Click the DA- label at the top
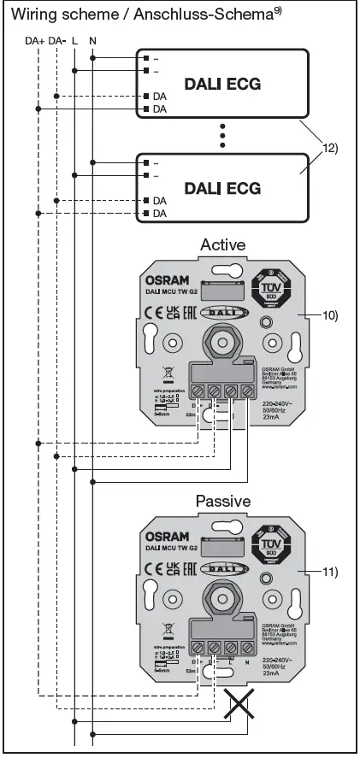[57, 40]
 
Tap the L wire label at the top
[75, 40]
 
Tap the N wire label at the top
[91, 40]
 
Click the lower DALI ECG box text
[222, 186]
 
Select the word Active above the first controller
[222, 244]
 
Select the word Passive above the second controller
[222, 501]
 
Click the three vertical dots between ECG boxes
[222, 134]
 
